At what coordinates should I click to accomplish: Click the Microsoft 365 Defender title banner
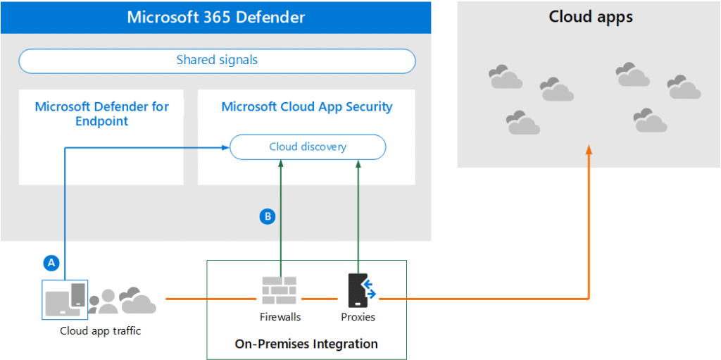click(x=215, y=17)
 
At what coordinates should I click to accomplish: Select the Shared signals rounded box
click(x=217, y=61)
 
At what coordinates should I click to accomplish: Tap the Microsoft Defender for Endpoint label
click(x=102, y=114)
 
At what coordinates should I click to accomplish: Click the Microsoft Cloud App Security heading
click(x=307, y=107)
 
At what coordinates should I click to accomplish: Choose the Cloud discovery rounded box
click(x=308, y=147)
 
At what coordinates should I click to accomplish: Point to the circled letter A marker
click(x=50, y=263)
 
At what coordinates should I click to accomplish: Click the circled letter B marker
click(x=267, y=217)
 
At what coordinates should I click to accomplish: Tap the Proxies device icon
click(x=360, y=290)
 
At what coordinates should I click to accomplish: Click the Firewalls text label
click(x=280, y=317)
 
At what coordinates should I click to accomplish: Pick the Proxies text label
click(x=358, y=317)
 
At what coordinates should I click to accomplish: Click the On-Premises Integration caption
click(x=306, y=345)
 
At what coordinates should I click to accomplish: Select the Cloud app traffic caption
click(x=100, y=330)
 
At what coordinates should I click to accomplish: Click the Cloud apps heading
click(x=590, y=17)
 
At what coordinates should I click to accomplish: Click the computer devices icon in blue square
click(x=65, y=298)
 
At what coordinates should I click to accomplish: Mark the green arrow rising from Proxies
click(x=359, y=211)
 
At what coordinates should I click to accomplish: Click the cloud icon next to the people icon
click(x=138, y=301)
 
